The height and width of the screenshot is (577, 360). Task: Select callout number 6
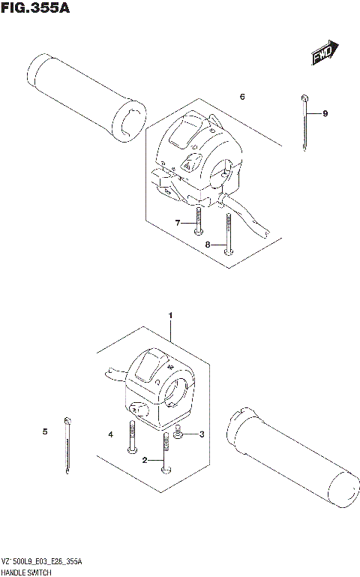coord(242,97)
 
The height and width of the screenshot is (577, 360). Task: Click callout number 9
coord(325,113)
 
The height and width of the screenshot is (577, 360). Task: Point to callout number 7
coord(178,223)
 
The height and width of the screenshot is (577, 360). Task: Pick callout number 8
coord(208,245)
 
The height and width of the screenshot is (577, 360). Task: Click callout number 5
coord(45,431)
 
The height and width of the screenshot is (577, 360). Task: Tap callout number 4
coord(109,434)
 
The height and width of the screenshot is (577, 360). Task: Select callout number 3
coord(201,434)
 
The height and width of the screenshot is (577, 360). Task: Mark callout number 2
coord(145,459)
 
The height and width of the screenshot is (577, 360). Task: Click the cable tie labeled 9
coord(304,124)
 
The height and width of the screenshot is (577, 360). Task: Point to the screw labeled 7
coord(196,219)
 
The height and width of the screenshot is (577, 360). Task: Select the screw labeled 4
coord(132,436)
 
